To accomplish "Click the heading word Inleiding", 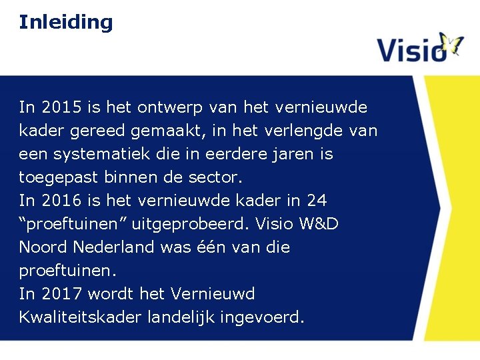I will point(66,22).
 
